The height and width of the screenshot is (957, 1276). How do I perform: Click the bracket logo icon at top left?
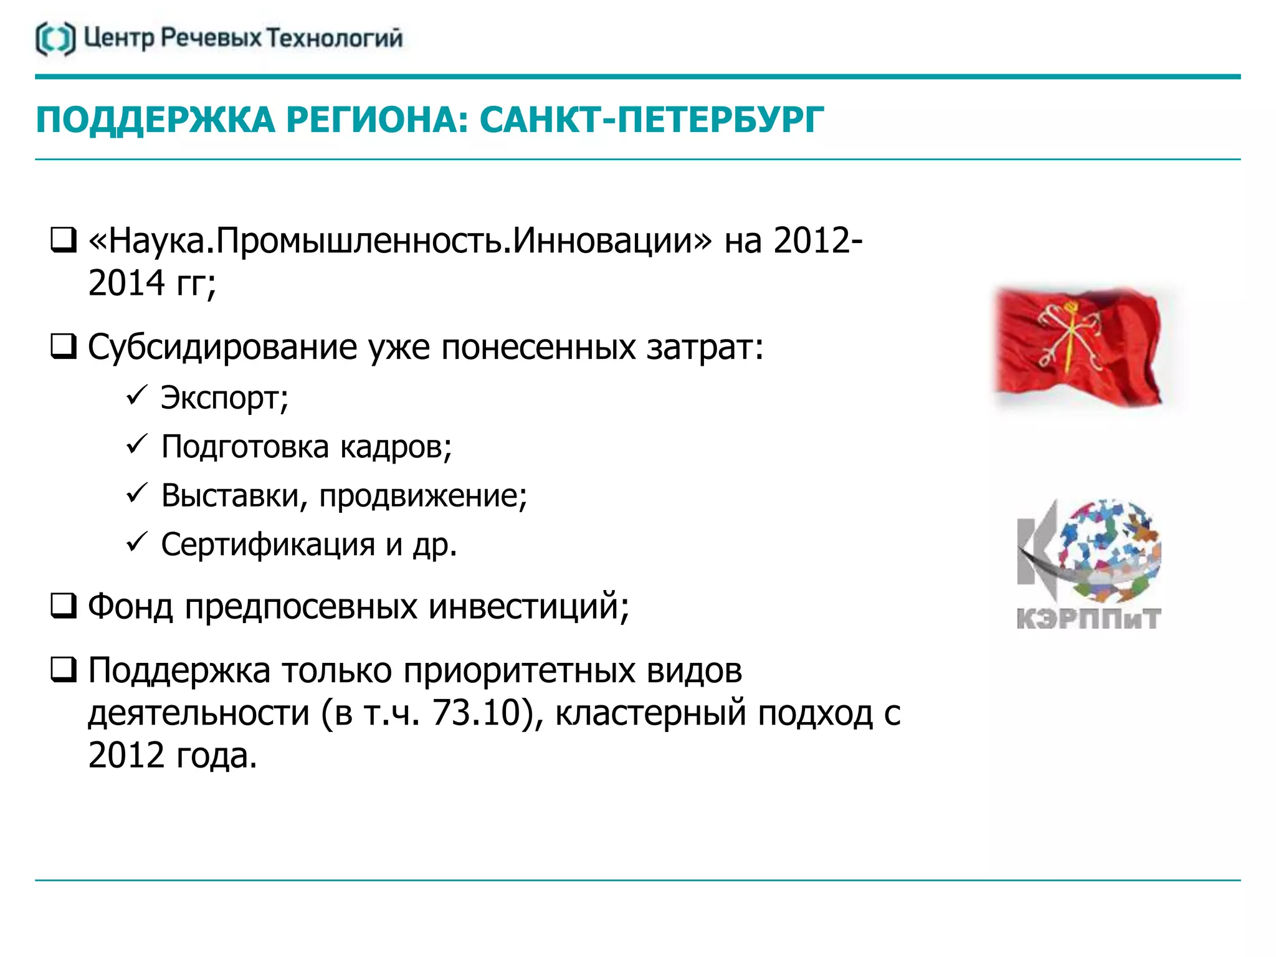55,39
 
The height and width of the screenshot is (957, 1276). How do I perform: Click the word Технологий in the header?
335,39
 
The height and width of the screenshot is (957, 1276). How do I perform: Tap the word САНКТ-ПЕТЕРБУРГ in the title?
652,120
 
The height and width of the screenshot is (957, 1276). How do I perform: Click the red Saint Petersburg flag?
1078,346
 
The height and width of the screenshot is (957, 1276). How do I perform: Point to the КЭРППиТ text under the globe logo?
1088,619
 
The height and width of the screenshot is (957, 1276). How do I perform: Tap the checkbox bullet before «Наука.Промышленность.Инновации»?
64,240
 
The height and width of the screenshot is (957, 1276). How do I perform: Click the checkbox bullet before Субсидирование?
64,347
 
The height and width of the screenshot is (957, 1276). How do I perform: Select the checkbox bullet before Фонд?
64,606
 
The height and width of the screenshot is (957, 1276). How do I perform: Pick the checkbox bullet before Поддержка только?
64,670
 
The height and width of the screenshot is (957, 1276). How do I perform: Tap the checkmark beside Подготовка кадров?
136,444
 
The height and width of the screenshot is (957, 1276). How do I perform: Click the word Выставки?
234,496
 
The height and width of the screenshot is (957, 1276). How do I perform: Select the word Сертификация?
268,545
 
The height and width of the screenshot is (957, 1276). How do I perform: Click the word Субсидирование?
222,347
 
